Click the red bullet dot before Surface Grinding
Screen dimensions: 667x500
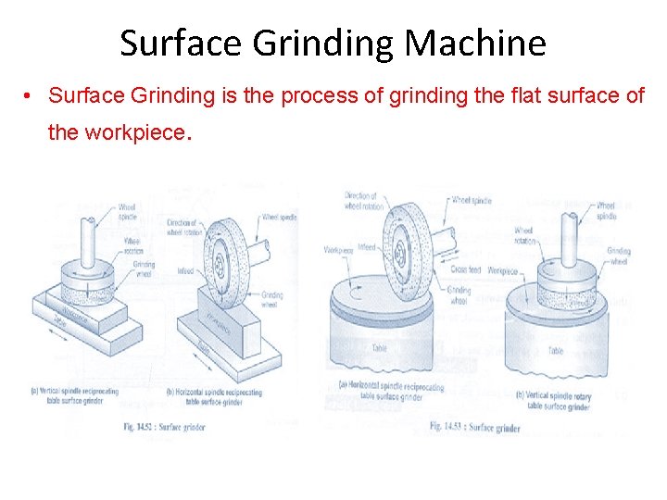click(30, 95)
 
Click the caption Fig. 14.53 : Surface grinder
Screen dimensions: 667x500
click(475, 427)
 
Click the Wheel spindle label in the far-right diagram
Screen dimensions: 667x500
click(606, 210)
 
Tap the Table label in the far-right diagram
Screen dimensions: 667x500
click(555, 351)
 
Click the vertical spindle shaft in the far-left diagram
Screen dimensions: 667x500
click(88, 237)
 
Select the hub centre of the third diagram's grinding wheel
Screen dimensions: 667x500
click(399, 248)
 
